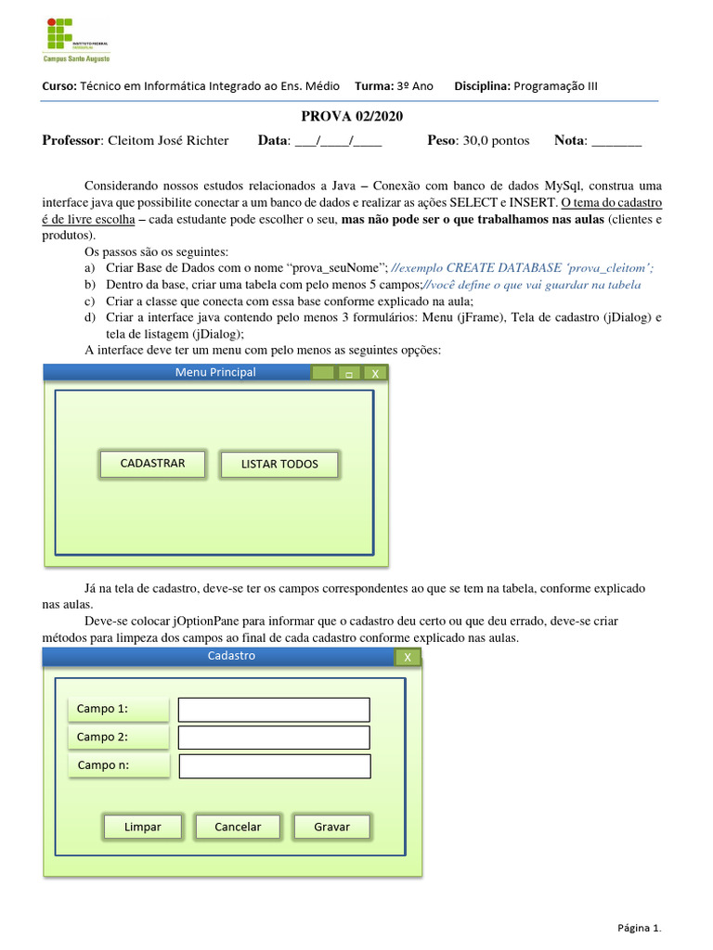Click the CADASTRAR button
[152, 464]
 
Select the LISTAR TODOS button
[279, 465]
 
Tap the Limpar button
[142, 827]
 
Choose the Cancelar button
[238, 827]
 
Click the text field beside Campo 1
[274, 710]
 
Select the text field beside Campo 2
[274, 738]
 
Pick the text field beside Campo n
[274, 766]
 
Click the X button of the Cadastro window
[407, 657]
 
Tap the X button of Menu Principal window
[375, 373]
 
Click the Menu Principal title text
[215, 373]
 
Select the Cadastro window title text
[231, 656]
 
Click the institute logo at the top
[76, 39]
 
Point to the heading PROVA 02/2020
[352, 116]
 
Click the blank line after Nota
[616, 142]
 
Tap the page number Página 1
[640, 927]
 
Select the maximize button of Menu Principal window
[349, 373]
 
